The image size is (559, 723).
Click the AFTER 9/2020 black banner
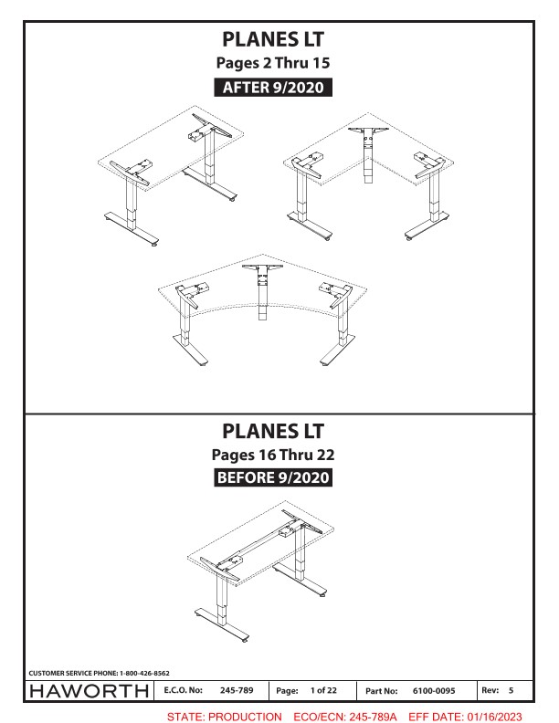pos(273,87)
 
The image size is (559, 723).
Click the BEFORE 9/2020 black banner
pos(273,477)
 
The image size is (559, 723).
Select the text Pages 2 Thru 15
pos(273,63)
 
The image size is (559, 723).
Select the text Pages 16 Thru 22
pos(273,455)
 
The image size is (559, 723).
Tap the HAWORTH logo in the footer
pos(89,691)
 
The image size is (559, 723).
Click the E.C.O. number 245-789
pos(237,690)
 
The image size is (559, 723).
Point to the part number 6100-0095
pos(434,691)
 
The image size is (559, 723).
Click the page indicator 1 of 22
pos(323,690)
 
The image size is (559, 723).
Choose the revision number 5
pos(511,690)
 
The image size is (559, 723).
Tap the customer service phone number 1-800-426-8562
pos(144,673)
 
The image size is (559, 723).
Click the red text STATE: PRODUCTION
pos(224,717)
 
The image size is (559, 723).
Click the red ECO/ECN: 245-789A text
pos(345,717)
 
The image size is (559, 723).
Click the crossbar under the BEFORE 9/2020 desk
pos(261,541)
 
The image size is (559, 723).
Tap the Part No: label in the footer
pos(382,691)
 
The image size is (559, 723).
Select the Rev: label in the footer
pos(490,690)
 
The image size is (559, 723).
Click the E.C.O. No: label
pos(183,690)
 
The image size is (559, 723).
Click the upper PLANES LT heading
pos(273,39)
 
